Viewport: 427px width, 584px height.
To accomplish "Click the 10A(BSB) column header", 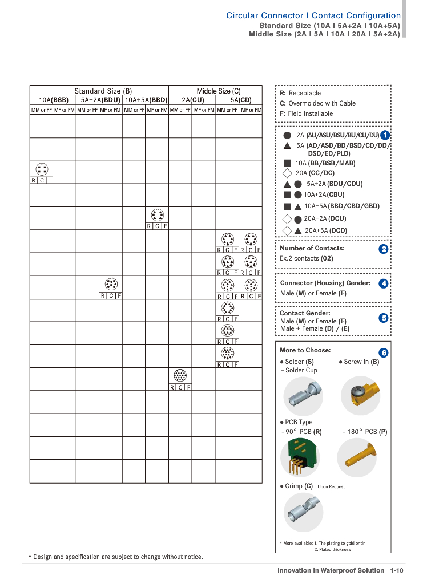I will tap(53, 100).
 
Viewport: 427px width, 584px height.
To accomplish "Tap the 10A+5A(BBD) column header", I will tap(146, 100).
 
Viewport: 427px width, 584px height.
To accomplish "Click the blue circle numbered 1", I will tap(385, 135).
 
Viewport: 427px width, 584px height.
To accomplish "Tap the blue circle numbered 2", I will tap(384, 249).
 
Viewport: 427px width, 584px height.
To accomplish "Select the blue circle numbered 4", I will tap(384, 283).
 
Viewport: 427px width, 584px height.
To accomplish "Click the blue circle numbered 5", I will tap(384, 318).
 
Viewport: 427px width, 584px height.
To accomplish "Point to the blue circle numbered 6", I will tap(384, 353).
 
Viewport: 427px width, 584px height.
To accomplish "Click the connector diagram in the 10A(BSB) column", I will tap(41, 169).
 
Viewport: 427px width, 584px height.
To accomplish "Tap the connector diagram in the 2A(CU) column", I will tap(180, 376).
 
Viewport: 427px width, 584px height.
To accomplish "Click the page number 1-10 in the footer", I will tap(397, 570).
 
